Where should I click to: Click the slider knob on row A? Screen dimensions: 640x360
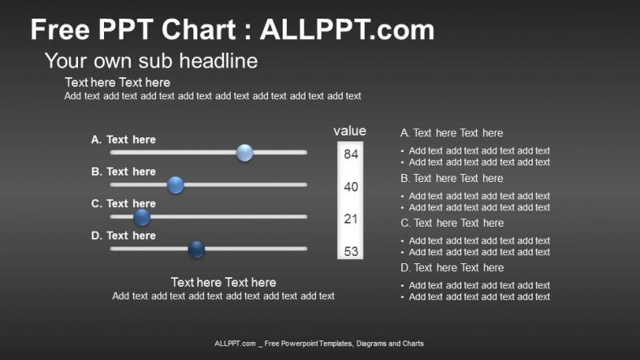click(244, 153)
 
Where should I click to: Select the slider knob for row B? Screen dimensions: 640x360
click(175, 185)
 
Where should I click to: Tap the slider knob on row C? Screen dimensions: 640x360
click(141, 217)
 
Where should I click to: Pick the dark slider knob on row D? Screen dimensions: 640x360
click(197, 249)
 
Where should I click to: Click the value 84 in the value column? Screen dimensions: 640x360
click(351, 154)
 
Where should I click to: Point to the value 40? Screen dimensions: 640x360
click(351, 187)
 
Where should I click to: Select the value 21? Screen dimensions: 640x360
click(351, 219)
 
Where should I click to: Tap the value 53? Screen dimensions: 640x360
click(351, 251)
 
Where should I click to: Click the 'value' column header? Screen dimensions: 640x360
click(350, 131)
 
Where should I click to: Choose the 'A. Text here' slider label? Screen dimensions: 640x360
click(123, 140)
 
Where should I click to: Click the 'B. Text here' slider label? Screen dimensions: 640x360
click(123, 171)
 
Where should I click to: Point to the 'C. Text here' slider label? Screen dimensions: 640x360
click(123, 203)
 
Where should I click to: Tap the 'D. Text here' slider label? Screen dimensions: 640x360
click(123, 236)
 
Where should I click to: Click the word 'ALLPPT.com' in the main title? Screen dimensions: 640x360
click(348, 30)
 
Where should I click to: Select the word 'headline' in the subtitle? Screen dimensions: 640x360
click(218, 61)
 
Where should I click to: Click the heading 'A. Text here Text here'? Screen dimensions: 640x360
click(452, 133)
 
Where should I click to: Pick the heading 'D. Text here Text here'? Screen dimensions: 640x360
click(452, 267)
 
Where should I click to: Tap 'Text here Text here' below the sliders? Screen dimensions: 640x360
click(223, 283)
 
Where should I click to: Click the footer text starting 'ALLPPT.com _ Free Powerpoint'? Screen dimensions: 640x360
click(319, 344)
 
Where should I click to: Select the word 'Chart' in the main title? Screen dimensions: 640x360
click(199, 30)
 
